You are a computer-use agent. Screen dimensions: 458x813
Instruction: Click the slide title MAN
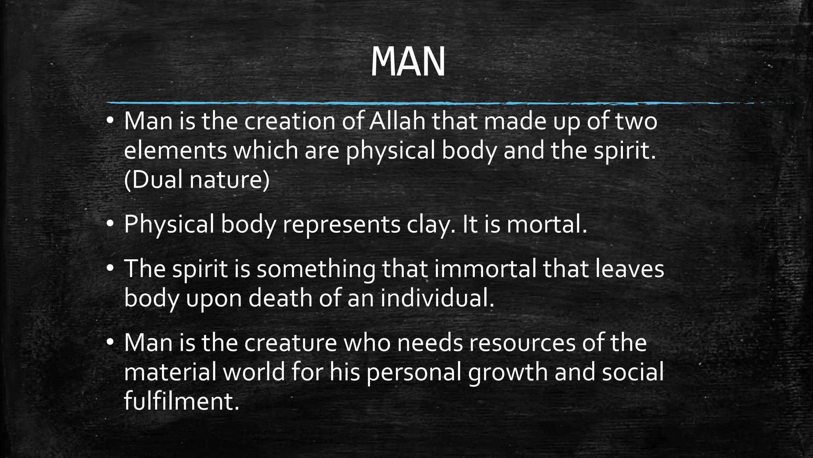pos(408,63)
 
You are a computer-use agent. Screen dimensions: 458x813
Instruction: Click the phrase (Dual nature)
pos(197,180)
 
